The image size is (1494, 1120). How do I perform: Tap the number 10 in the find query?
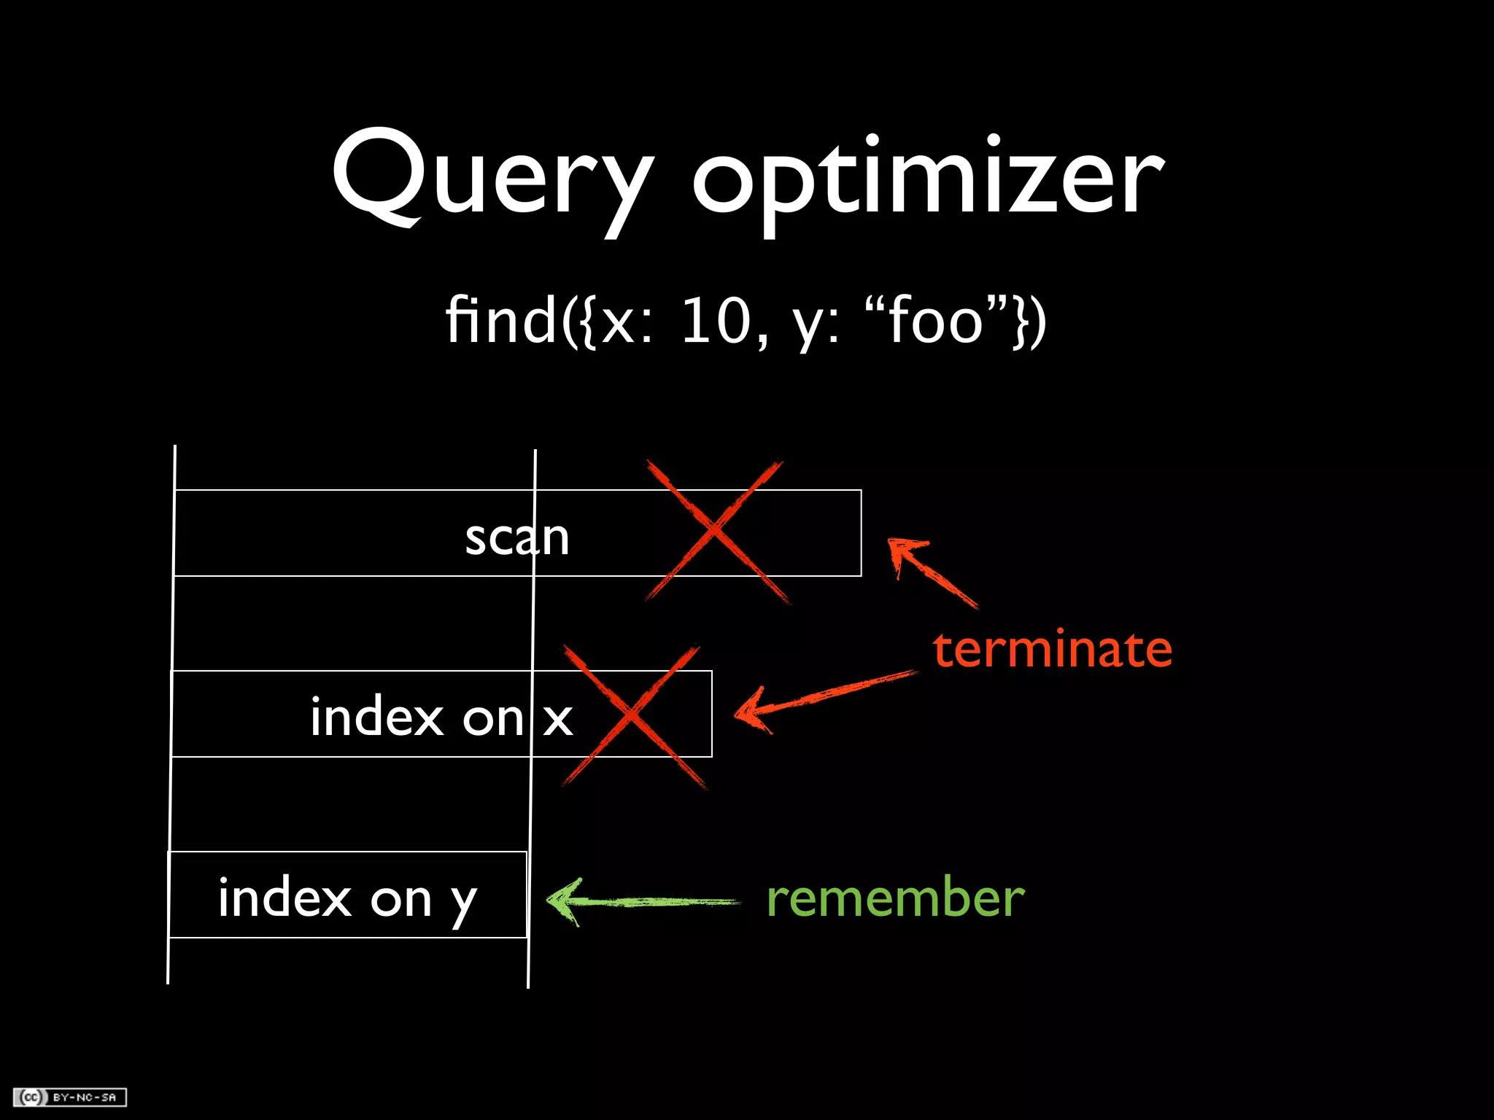715,321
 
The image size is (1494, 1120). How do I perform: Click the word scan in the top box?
516,537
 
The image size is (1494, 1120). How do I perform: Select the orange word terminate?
1052,648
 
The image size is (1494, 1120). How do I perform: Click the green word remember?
895,898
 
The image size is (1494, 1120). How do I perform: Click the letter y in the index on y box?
462,901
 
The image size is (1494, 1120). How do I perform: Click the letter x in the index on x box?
558,719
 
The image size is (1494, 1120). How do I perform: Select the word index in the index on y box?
285,898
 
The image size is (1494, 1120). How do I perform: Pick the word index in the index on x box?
376,717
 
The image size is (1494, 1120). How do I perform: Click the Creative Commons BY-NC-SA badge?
70,1097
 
